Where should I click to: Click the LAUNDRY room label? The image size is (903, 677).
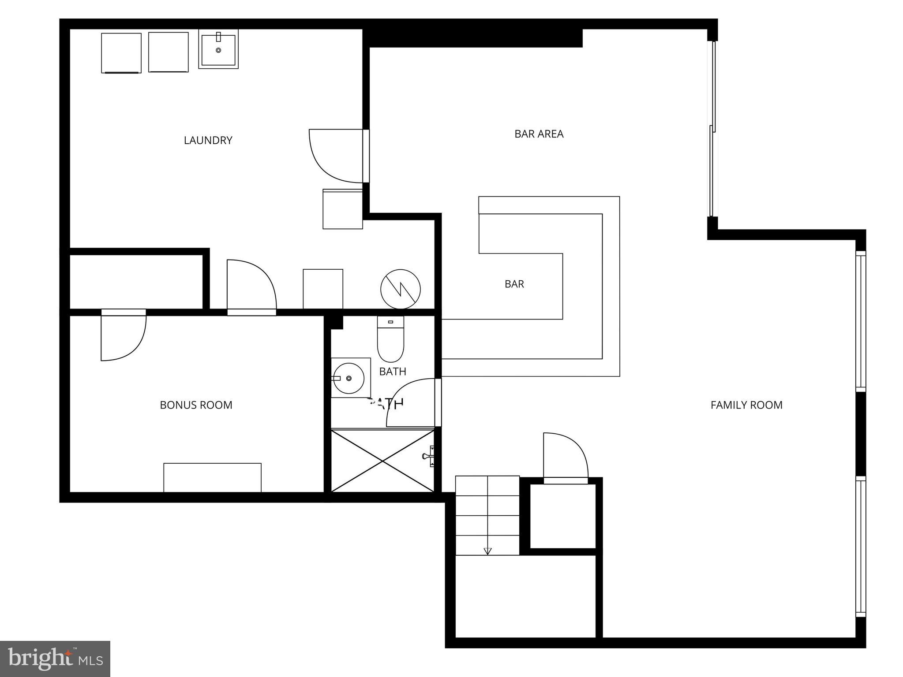208,140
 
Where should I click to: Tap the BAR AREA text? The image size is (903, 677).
539,134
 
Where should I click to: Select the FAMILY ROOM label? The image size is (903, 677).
746,405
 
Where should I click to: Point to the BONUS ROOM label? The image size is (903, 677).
196,405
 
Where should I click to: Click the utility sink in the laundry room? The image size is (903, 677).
218,49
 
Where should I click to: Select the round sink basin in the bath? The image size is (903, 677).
348,378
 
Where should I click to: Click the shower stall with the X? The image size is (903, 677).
382,461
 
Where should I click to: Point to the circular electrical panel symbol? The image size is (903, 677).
400,289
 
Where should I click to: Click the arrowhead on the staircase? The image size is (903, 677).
487,551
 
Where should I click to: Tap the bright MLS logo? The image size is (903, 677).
55,659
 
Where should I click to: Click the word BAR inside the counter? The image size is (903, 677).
514,284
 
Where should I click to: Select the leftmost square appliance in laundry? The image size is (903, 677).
121,52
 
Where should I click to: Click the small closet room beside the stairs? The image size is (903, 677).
562,516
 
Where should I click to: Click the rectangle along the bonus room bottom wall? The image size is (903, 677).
212,477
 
